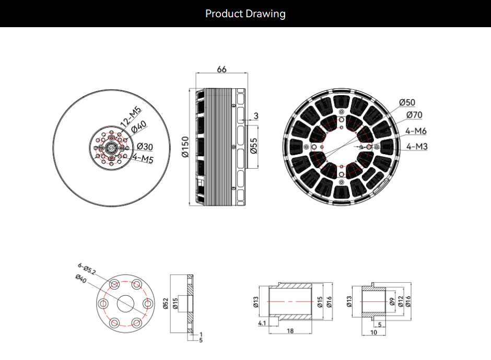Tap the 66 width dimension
(221, 69)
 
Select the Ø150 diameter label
(185, 147)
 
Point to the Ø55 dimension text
(254, 146)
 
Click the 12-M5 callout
(131, 117)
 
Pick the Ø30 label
(145, 147)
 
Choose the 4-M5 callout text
(143, 158)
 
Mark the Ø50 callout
(407, 102)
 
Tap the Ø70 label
(414, 115)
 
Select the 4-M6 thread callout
(416, 131)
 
